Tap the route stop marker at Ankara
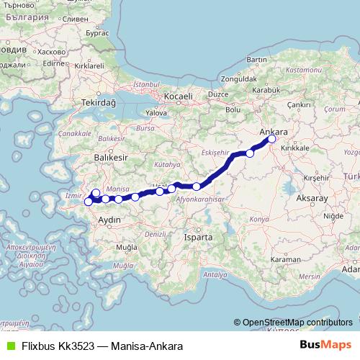point(271,140)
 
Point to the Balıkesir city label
point(110,156)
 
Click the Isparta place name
point(198,236)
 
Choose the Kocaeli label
point(177,95)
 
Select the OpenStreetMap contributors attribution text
point(297,322)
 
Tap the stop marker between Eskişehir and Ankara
point(251,153)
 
